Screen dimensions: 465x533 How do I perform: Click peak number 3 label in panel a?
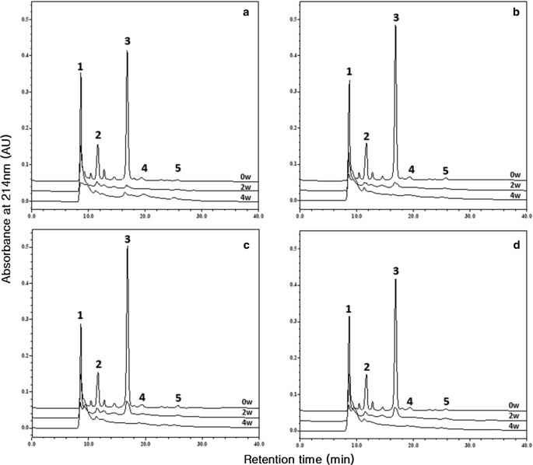(127, 41)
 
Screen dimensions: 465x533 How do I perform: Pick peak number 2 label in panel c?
(99, 364)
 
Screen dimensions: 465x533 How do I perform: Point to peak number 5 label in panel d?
(446, 401)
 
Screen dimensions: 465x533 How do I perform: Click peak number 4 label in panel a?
(144, 168)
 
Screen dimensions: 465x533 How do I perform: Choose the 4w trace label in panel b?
(514, 198)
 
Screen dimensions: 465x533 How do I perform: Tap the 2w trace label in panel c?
(245, 412)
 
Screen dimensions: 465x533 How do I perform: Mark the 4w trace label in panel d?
(514, 426)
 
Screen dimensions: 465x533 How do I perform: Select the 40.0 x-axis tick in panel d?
(526, 442)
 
